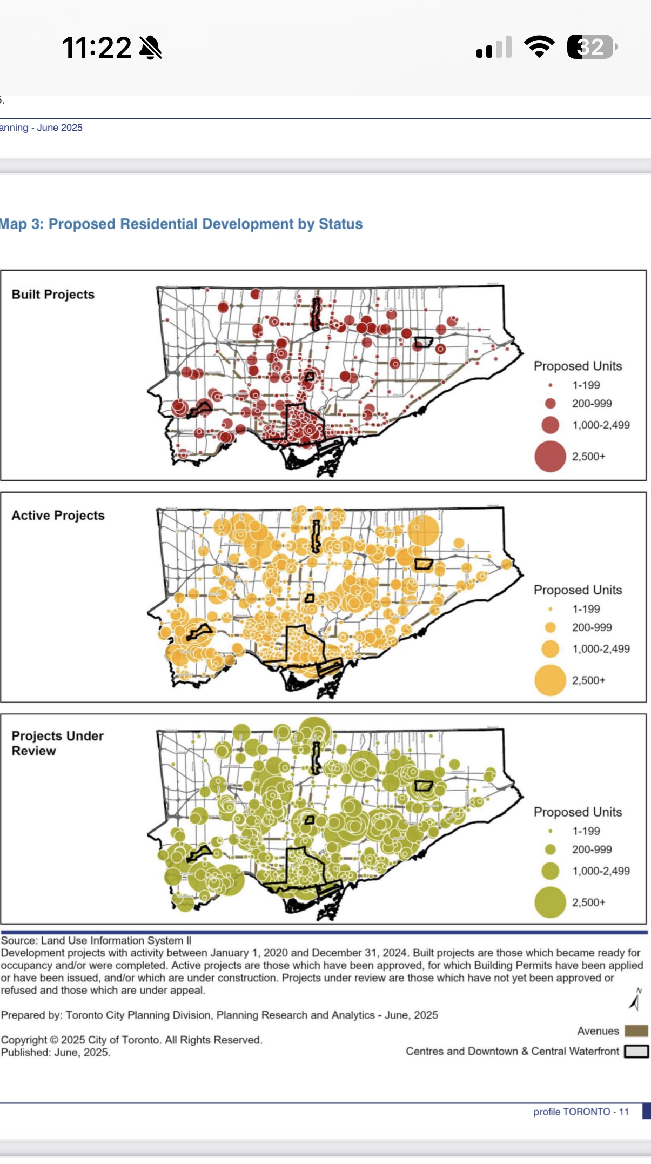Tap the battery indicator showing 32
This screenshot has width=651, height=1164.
coord(591,47)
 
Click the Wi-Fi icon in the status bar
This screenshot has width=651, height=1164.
coord(539,47)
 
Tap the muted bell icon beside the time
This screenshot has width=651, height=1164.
coord(151,48)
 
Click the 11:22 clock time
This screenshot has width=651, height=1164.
coord(96,48)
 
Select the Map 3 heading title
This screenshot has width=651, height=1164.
coord(181,224)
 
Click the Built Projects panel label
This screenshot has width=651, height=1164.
coord(53,295)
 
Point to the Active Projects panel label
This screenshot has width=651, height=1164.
coord(58,516)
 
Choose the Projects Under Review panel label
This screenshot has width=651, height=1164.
coord(57,743)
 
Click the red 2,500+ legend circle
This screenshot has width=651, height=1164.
coord(550,457)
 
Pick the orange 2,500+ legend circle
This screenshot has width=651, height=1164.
coord(550,680)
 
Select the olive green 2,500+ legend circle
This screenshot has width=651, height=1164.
coord(550,902)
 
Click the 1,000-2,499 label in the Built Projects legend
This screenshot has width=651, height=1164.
coord(601,425)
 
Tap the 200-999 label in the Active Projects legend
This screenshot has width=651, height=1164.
coord(592,627)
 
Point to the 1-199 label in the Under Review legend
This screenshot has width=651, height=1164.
coord(586,831)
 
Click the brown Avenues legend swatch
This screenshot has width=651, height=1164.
coord(636,1031)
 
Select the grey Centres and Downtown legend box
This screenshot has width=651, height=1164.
coord(636,1051)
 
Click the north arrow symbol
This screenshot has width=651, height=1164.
coord(636,1000)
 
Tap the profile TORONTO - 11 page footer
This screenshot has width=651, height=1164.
coord(581,1112)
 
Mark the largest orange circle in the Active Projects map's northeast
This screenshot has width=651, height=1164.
coord(424,530)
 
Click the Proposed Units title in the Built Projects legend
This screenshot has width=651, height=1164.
coord(578,366)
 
